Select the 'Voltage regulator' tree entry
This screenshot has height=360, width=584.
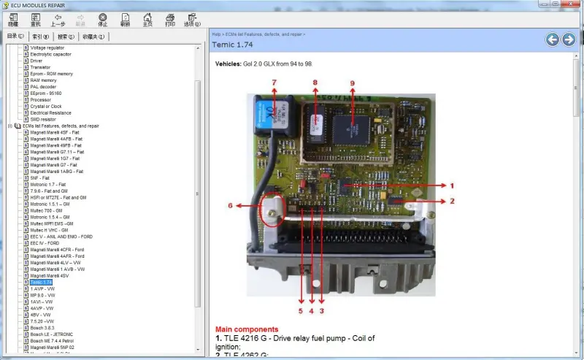47,48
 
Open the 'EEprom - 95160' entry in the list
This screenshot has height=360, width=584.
46,93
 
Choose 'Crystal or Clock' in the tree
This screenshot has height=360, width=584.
46,107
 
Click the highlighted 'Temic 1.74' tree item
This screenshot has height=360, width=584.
42,283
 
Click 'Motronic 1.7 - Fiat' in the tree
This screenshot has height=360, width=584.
47,184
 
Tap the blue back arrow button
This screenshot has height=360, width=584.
553,39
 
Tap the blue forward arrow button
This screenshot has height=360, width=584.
569,39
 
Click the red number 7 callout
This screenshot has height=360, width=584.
274,82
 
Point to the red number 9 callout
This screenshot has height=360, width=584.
352,83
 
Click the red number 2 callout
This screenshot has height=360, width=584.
452,200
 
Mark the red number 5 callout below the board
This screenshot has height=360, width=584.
300,310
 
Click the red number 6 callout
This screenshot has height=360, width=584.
230,205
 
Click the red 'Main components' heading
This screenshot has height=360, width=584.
247,329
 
